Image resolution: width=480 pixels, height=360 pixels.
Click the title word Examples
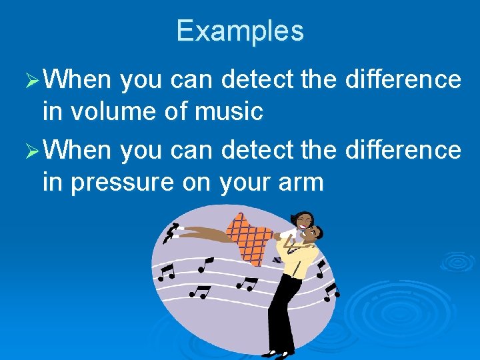click(x=240, y=31)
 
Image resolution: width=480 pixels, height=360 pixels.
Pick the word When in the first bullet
click(x=81, y=80)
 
